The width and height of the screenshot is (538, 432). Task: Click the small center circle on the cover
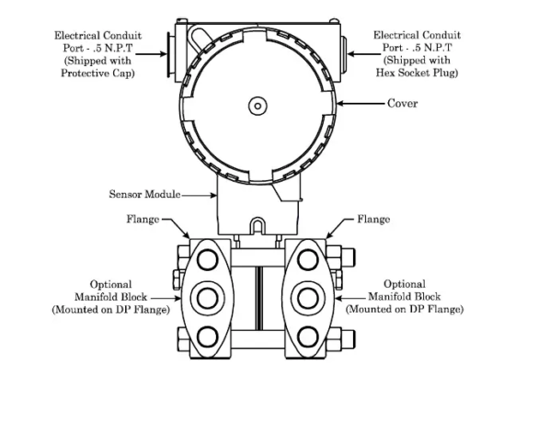257,106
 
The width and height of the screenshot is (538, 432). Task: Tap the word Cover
402,104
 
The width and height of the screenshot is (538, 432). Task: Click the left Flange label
142,220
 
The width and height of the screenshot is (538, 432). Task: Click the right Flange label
373,220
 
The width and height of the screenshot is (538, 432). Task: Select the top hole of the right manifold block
308,257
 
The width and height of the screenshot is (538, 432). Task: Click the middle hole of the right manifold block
308,298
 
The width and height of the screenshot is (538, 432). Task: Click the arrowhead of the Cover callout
338,104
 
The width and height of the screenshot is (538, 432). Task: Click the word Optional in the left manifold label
109,285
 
